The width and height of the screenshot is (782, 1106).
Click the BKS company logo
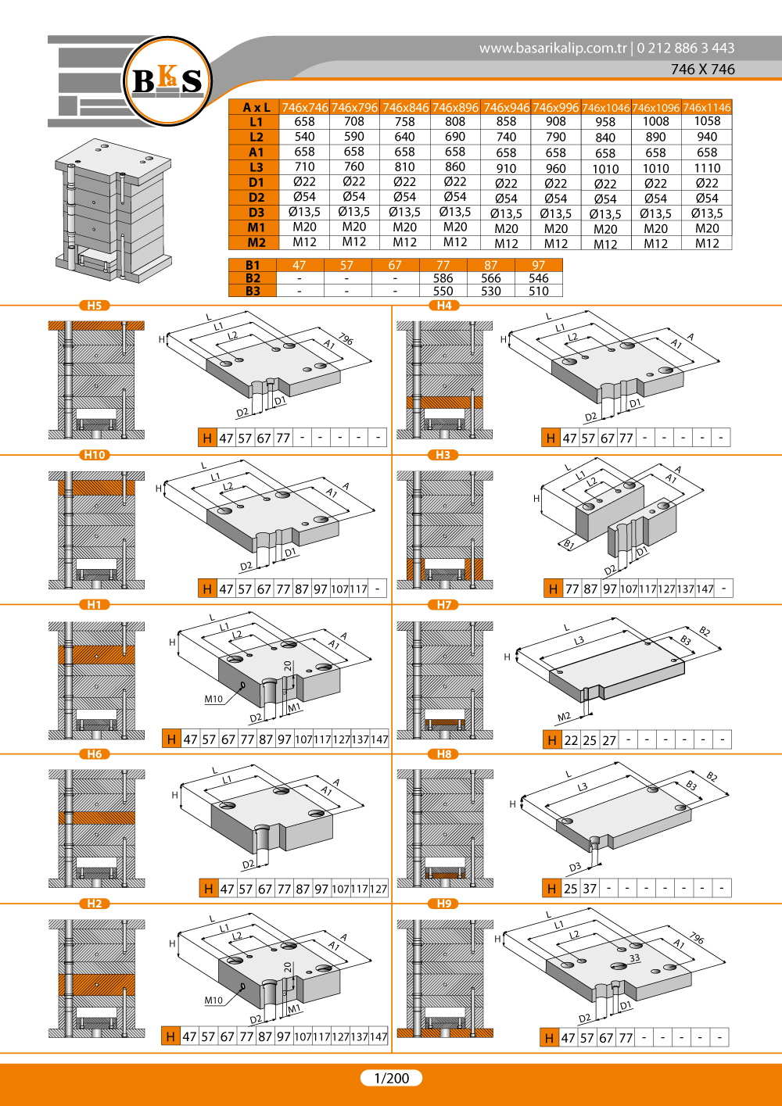[x=167, y=81]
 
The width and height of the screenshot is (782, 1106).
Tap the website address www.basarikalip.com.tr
[x=553, y=48]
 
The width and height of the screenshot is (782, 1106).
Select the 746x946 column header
[x=506, y=107]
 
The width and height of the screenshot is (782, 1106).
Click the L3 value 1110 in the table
[x=707, y=168]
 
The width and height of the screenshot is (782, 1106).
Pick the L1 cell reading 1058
[x=707, y=121]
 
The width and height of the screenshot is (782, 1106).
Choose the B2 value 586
[x=443, y=278]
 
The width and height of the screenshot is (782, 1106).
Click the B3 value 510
[x=539, y=292]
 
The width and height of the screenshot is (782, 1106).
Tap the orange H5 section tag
[x=95, y=306]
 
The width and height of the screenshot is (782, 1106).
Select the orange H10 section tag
[x=95, y=455]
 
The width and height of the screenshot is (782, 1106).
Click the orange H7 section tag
[x=443, y=605]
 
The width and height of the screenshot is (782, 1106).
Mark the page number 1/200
[x=391, y=1078]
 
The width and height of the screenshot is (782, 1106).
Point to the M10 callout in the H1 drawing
[x=213, y=699]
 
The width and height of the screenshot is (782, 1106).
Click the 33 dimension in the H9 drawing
[x=634, y=957]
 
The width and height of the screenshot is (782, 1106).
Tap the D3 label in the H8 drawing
[x=575, y=867]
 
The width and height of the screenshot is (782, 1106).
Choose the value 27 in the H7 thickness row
[x=608, y=741]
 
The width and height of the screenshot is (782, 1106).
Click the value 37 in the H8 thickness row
[x=590, y=889]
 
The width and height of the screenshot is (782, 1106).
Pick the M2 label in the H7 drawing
[x=564, y=716]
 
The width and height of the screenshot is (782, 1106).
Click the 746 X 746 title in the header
[x=702, y=69]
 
